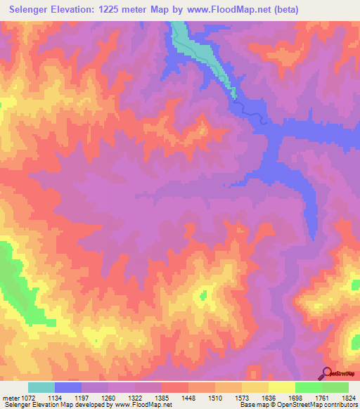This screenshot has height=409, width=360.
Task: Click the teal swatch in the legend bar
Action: pyautogui.click(x=41, y=387)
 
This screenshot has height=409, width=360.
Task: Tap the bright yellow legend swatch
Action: pyautogui.click(x=281, y=387)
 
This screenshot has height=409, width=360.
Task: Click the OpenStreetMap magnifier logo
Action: pyautogui.click(x=326, y=374)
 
